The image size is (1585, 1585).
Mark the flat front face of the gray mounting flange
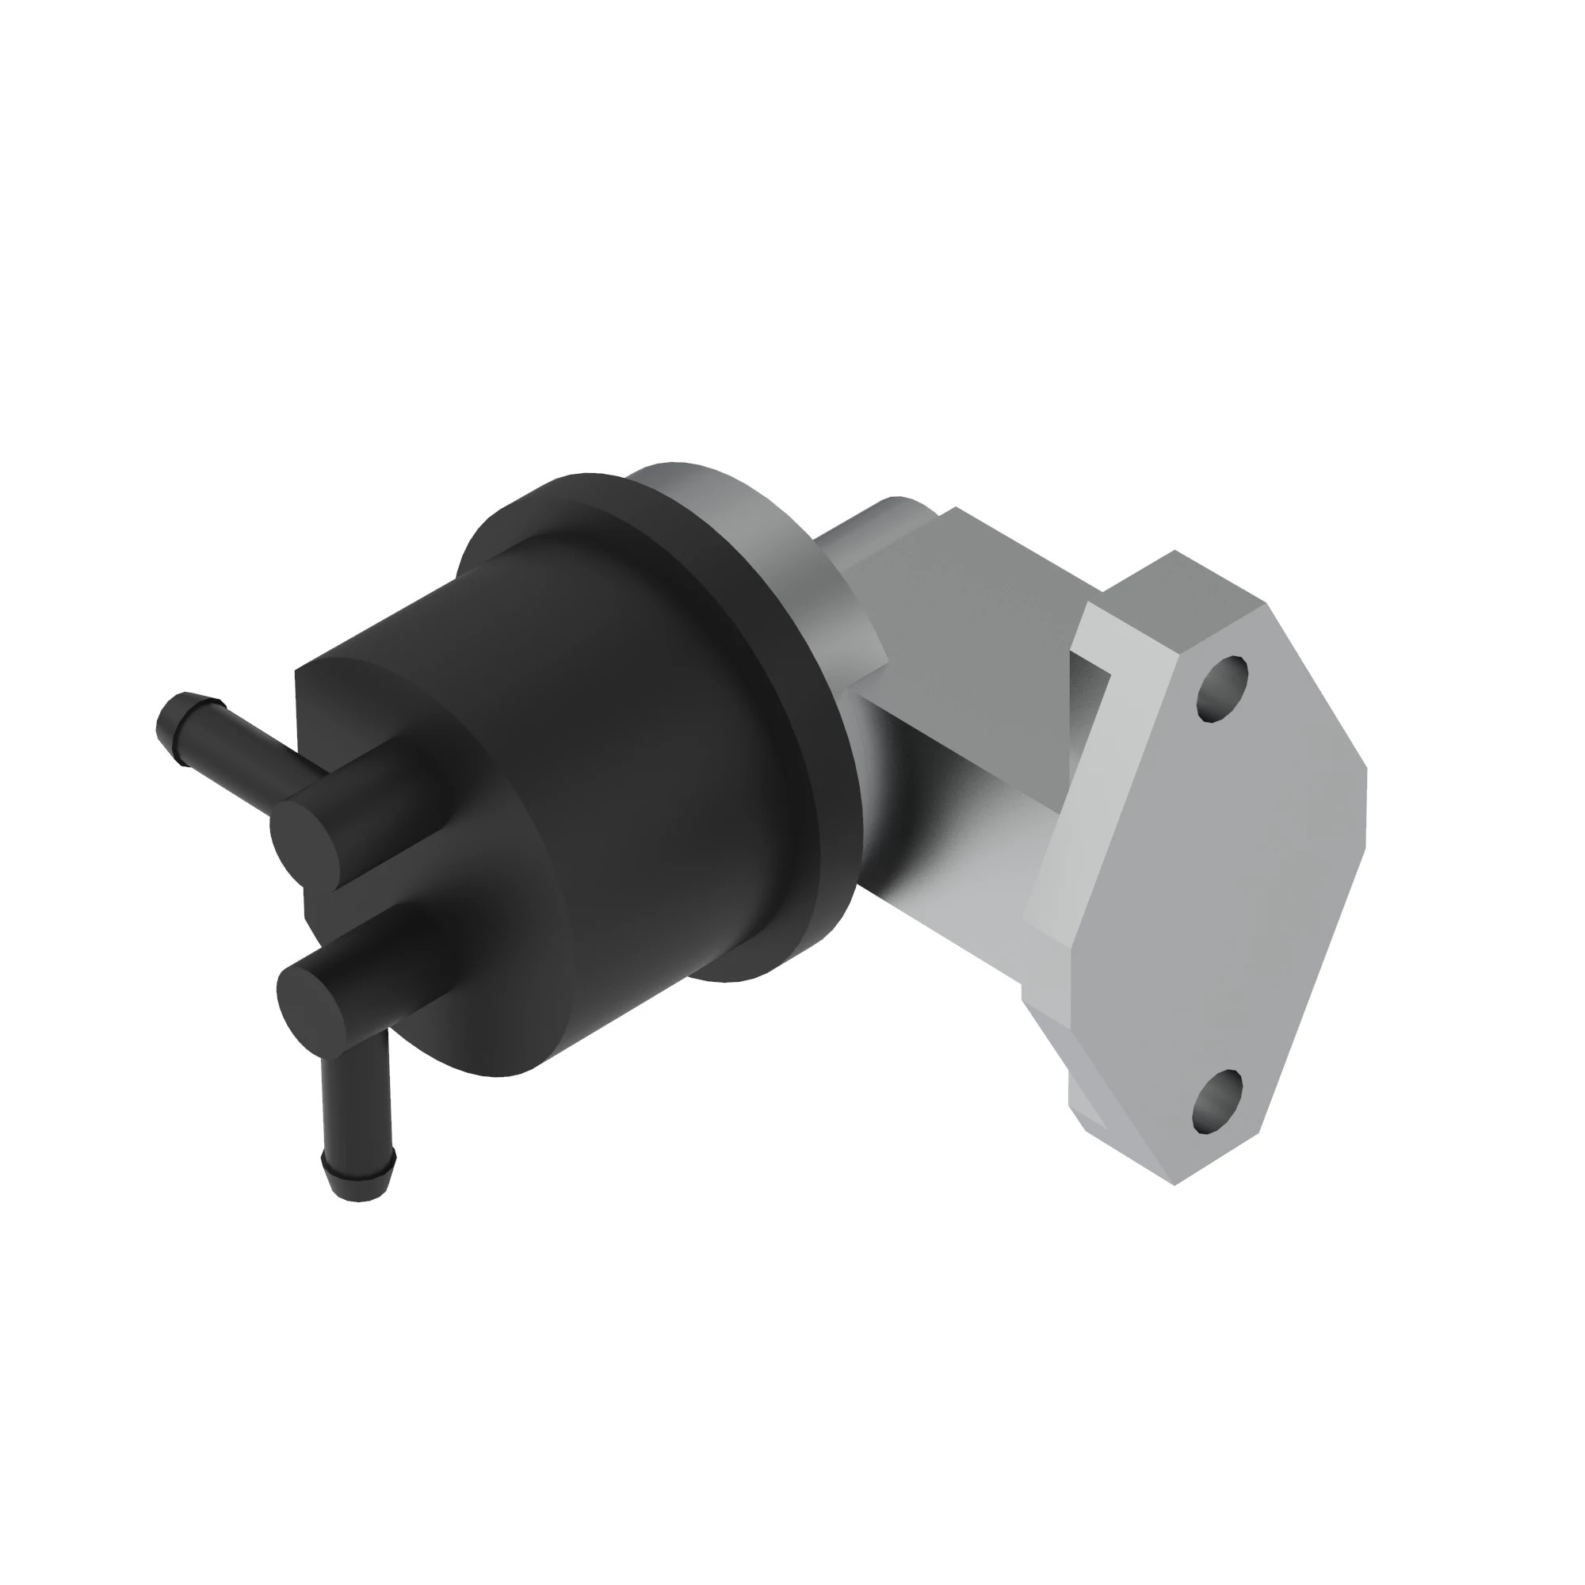point(1214,886)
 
